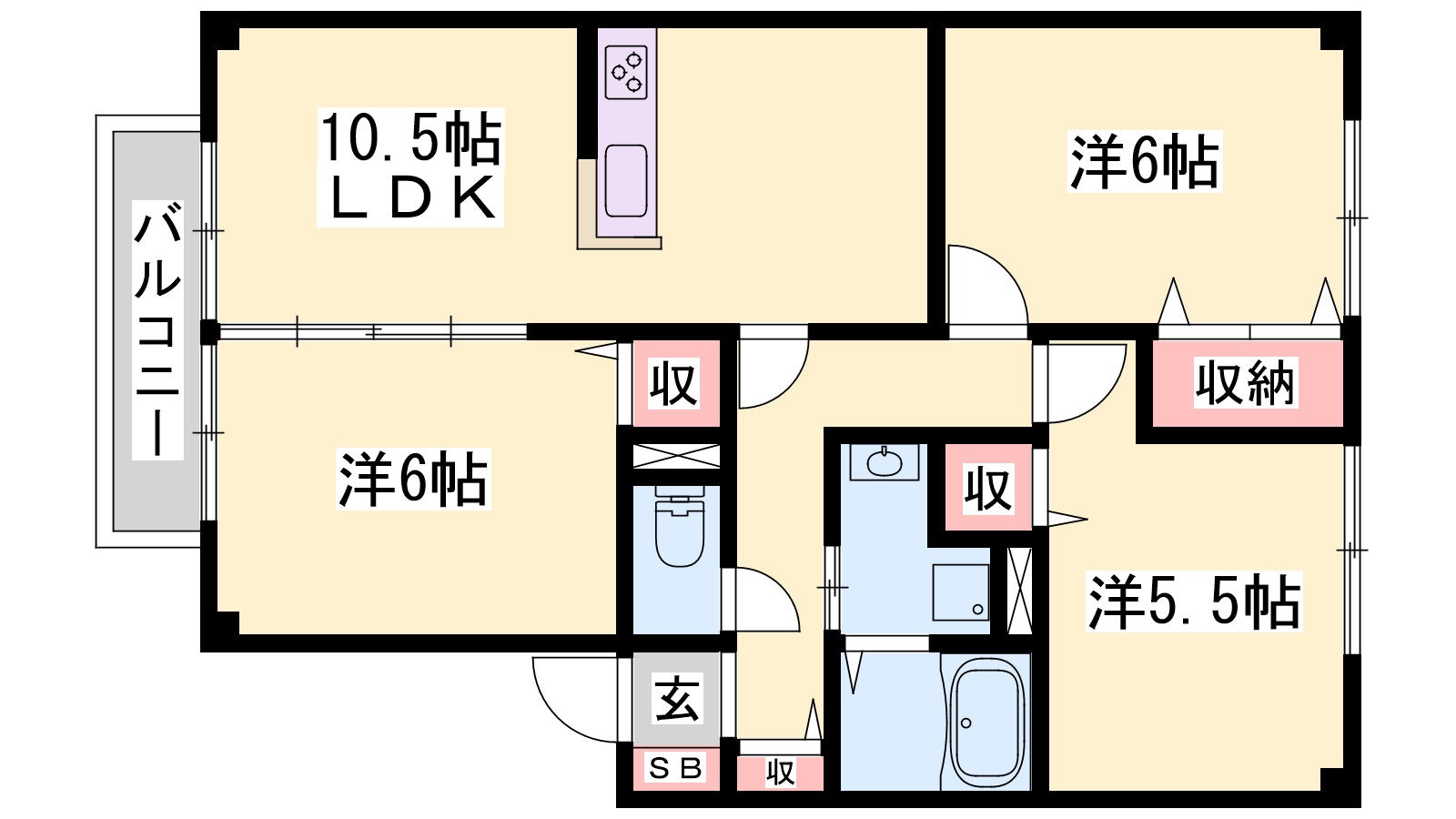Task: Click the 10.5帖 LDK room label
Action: (410, 167)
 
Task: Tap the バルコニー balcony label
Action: (157, 330)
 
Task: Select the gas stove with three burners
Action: (626, 72)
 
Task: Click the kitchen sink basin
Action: (626, 181)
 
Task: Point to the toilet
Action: (679, 527)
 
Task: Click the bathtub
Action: (987, 723)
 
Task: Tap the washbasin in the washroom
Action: (885, 463)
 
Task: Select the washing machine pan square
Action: (961, 592)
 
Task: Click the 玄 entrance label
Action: (677, 699)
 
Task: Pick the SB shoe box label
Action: (676, 769)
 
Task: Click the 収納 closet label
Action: (1246, 383)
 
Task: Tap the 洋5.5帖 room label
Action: (1194, 602)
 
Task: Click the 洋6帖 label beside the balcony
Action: (413, 479)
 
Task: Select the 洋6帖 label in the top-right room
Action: (1145, 161)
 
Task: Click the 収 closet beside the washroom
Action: (988, 488)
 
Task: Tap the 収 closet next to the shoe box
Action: (780, 773)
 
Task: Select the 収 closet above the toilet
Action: (676, 383)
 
